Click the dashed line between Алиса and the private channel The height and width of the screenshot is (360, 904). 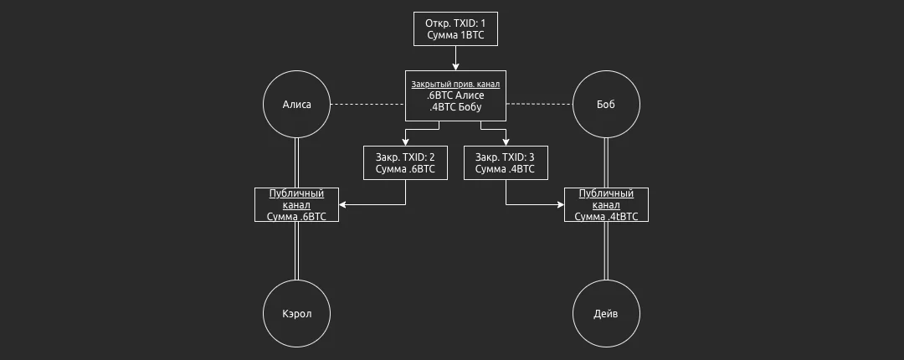367,105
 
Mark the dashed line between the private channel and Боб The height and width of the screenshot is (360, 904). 539,105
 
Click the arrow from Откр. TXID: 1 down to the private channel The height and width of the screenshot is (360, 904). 455,59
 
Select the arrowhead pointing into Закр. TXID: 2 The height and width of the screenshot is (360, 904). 405,142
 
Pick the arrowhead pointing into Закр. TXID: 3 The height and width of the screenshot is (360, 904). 506,142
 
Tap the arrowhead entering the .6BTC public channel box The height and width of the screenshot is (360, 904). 342,205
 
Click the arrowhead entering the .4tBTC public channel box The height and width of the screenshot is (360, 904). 561,205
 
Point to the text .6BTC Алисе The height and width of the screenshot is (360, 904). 455,95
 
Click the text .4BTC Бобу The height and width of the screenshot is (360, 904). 455,107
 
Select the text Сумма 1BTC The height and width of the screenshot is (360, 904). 455,35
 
